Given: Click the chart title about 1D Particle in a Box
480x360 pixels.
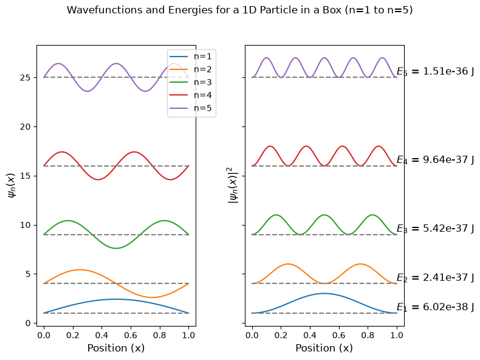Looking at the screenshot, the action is (239, 10).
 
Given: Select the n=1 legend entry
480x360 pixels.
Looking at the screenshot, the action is (190, 57).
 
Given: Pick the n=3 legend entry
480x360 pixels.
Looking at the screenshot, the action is (190, 83).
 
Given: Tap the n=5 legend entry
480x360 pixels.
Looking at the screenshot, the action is (190, 108).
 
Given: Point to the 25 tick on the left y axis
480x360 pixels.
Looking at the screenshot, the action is (26, 77).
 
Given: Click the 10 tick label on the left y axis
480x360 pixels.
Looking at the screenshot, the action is (26, 225).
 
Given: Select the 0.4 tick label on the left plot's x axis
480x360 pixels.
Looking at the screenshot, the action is (101, 335).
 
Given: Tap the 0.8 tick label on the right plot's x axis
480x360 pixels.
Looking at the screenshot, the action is (368, 335).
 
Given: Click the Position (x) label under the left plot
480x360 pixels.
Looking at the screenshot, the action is (116, 348).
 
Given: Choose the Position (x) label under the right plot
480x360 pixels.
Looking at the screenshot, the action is (324, 348).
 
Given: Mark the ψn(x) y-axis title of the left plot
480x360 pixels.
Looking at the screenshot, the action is (11, 185).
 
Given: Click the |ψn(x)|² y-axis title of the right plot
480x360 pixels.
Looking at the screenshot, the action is (233, 185).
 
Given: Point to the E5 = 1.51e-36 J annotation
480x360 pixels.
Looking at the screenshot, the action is (435, 71).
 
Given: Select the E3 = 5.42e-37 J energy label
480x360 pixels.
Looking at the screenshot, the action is (435, 229).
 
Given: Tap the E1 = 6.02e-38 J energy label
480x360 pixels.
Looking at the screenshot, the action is (435, 307).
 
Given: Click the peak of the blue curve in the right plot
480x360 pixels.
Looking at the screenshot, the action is (324, 294).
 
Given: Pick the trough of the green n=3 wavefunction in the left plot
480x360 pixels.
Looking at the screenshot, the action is (116, 248).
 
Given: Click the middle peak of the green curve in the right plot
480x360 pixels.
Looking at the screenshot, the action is (324, 215).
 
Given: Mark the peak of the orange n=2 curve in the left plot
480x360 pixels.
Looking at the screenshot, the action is (80, 269).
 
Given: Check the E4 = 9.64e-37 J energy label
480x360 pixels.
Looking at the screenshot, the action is (435, 160).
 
